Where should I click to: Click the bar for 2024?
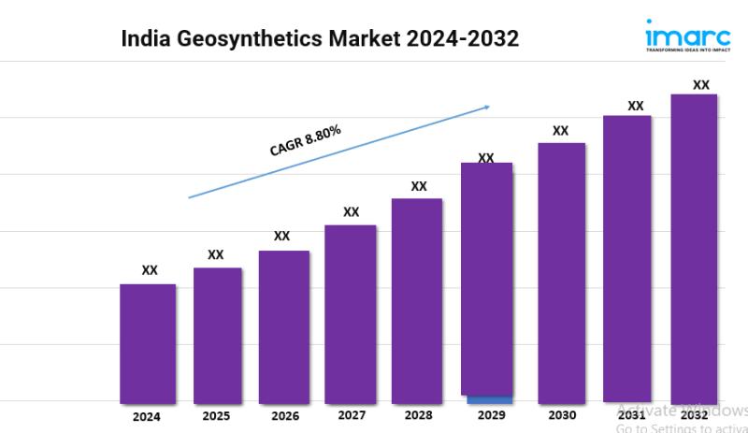[x=148, y=342]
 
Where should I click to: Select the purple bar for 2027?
[x=351, y=313]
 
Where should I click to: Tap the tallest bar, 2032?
[x=694, y=248]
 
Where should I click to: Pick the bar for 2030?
[x=561, y=272]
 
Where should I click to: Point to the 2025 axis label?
[x=217, y=415]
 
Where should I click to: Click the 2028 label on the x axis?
[x=418, y=414]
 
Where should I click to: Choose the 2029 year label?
[x=485, y=415]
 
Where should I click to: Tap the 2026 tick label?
[x=284, y=415]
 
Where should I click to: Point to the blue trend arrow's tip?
[x=489, y=107]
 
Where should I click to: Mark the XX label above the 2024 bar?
[x=150, y=270]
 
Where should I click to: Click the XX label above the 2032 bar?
[x=700, y=85]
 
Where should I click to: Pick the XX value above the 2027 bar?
[x=351, y=212]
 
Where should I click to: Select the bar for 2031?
[x=626, y=258]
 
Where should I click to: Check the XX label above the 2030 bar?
[x=560, y=131]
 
